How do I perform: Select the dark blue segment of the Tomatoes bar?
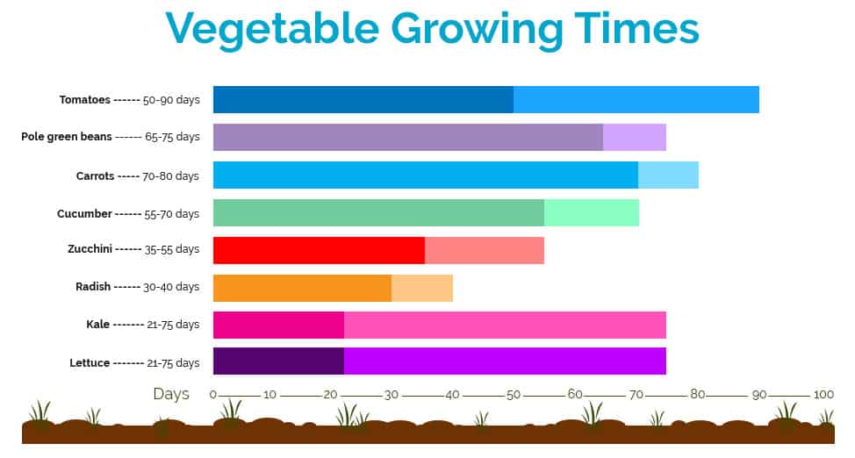(x=363, y=99)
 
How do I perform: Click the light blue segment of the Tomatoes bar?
(x=636, y=99)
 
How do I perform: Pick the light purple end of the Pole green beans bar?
(x=634, y=138)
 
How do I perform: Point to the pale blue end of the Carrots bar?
(x=668, y=175)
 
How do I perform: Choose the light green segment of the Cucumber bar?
(x=591, y=213)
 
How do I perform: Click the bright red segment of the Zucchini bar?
(x=319, y=250)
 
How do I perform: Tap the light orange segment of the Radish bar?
(x=421, y=288)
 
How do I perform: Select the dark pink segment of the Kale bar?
(x=278, y=325)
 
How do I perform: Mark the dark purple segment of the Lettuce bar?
(x=278, y=361)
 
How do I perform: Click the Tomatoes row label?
(x=84, y=100)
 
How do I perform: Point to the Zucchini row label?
(x=90, y=249)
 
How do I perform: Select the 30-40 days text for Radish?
(x=172, y=287)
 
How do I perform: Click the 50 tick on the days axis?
(x=514, y=395)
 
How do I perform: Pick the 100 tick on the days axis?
(x=823, y=395)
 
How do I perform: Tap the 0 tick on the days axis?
(x=213, y=395)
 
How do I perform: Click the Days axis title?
(x=171, y=394)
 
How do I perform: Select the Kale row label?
(x=98, y=325)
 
